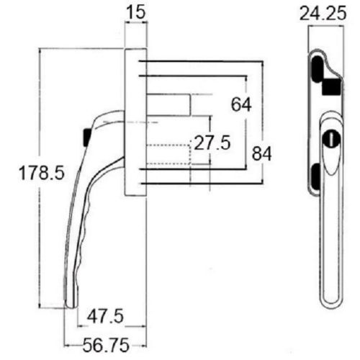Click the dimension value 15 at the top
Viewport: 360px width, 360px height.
tap(136, 12)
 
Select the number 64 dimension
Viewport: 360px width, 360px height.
tap(240, 104)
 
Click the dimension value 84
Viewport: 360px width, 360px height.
tap(261, 153)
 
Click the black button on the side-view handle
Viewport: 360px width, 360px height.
tap(85, 135)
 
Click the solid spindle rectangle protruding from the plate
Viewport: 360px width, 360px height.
tap(170, 104)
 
